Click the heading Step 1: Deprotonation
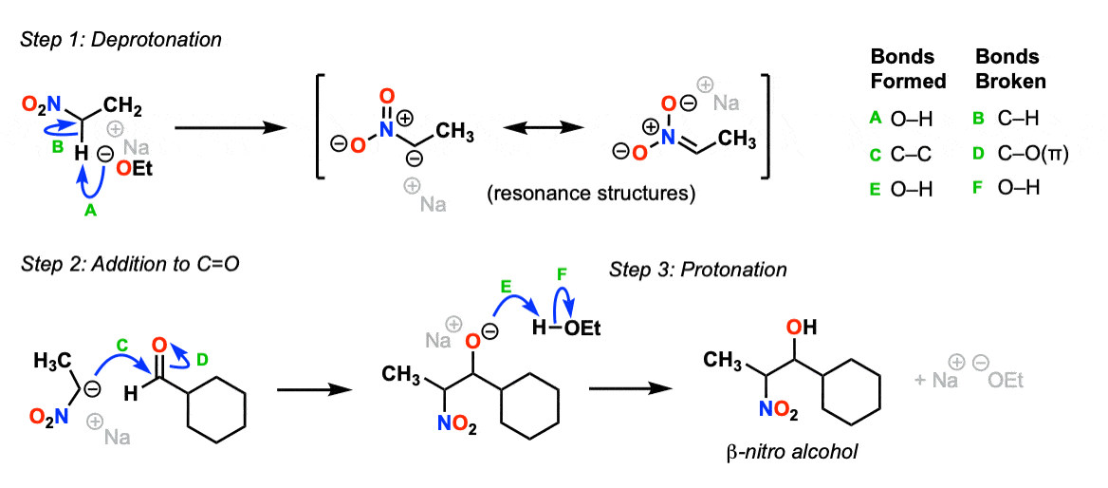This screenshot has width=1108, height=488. (x=120, y=41)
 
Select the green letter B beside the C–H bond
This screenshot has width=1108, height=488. (x=57, y=148)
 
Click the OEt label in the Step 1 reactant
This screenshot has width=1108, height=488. (x=133, y=168)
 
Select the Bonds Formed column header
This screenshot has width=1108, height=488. (x=908, y=68)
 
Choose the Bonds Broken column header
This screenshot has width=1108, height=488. (x=1010, y=68)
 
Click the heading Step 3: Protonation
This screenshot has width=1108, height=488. (x=697, y=270)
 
